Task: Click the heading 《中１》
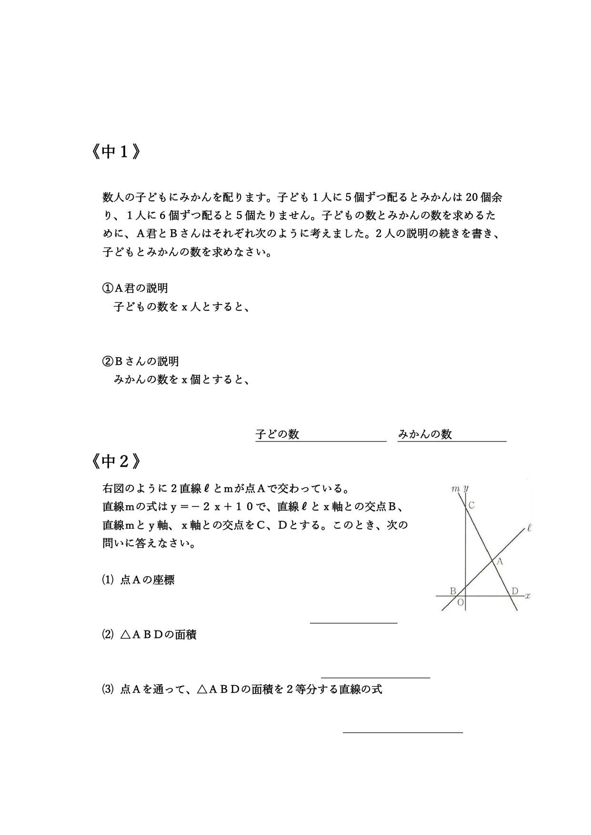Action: point(115,152)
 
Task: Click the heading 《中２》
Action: point(115,461)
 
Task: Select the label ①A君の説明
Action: point(135,288)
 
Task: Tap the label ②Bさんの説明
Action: point(141,361)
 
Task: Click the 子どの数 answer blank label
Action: point(277,434)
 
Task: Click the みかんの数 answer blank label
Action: point(425,434)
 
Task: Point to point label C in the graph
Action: point(471,505)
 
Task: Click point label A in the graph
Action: point(500,561)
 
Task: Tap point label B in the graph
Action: point(453,591)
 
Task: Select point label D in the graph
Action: point(514,591)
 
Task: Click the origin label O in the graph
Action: point(460,603)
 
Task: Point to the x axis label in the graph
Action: point(528,596)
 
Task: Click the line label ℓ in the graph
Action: point(529,528)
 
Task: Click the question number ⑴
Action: point(108,580)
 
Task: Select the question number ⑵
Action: point(108,634)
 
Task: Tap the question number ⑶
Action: point(108,689)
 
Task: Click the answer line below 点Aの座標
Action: point(353,622)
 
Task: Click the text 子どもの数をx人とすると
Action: point(181,307)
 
